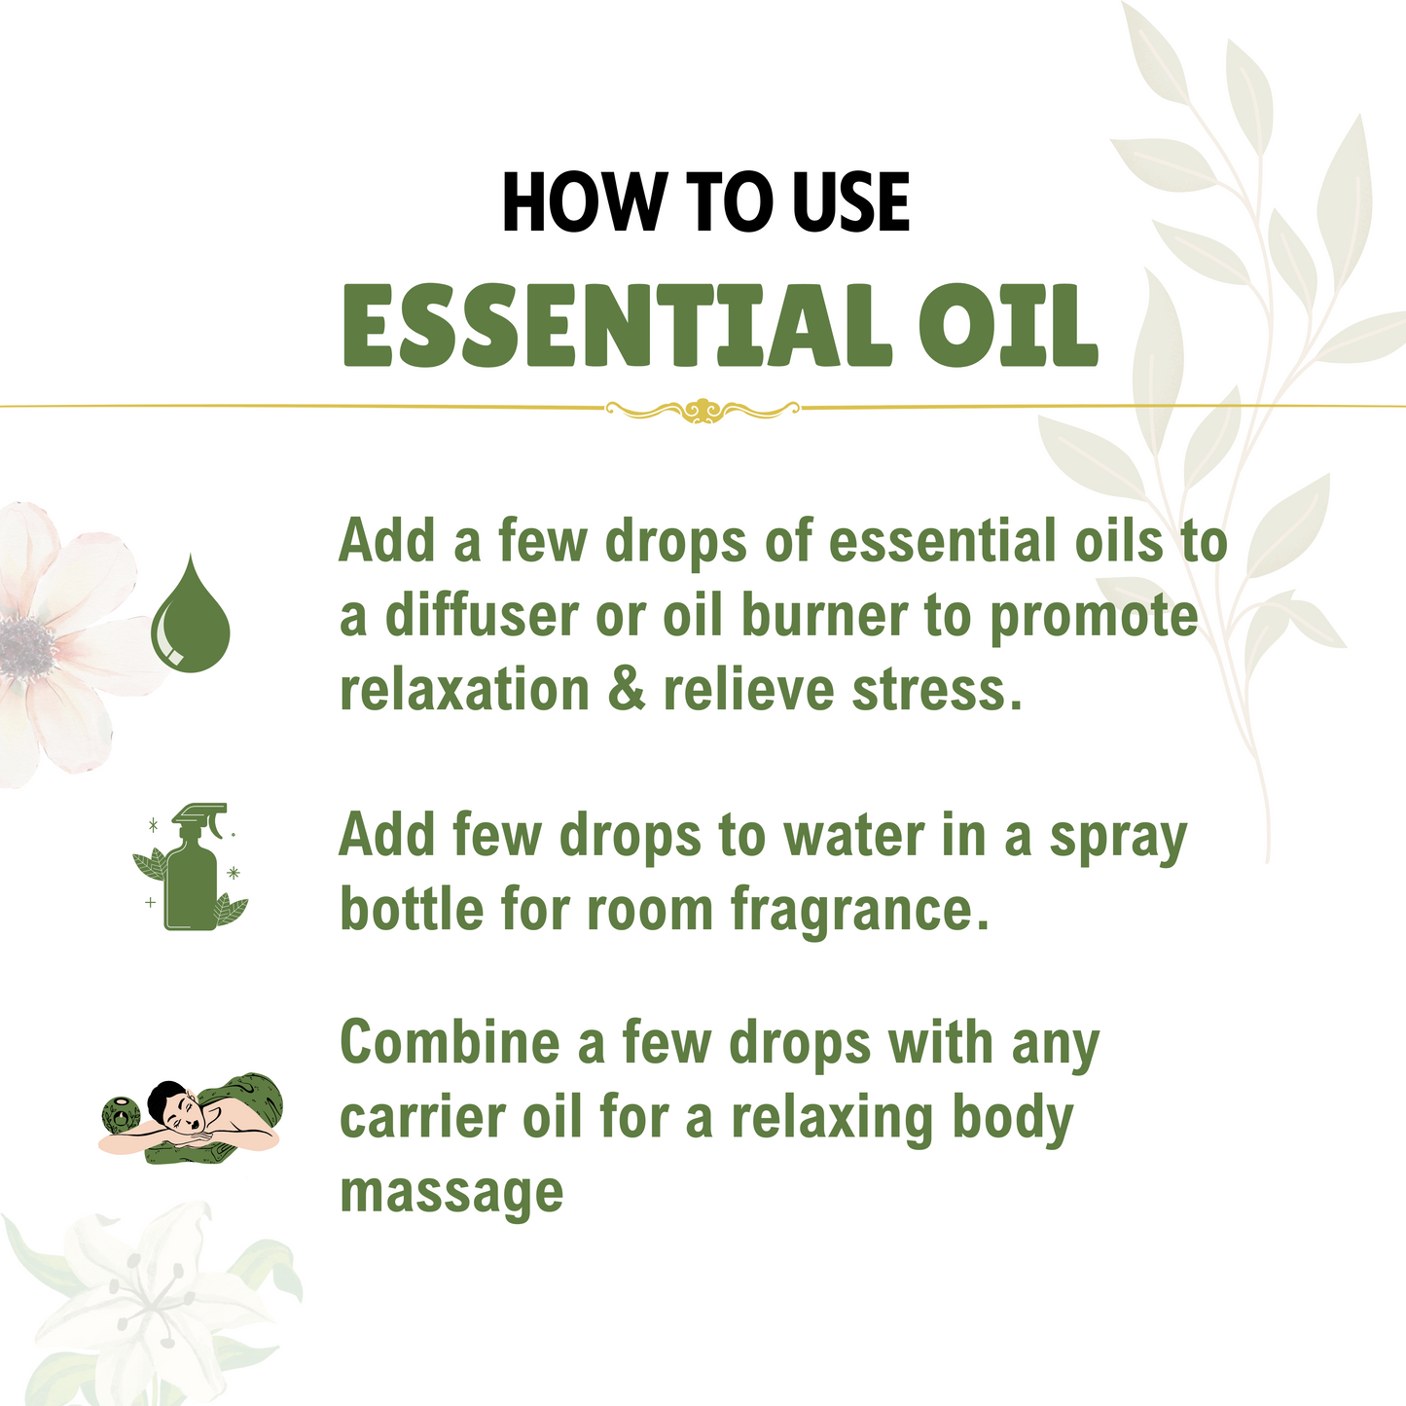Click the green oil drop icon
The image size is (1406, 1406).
click(191, 615)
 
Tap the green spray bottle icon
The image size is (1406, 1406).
click(192, 867)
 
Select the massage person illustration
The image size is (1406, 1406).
click(192, 1119)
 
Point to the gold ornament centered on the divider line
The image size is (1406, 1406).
click(703, 410)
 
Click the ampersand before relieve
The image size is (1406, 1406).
click(626, 690)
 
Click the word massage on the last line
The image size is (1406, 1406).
click(451, 1193)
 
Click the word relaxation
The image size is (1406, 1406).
click(464, 690)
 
